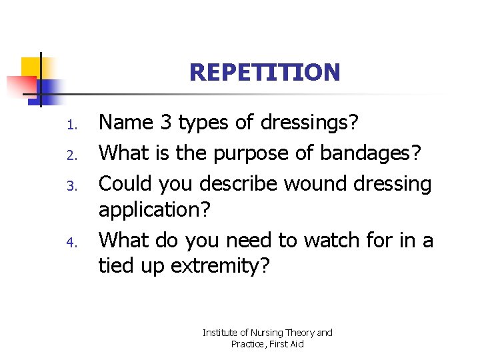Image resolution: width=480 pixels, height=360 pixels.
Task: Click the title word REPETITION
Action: tap(265, 72)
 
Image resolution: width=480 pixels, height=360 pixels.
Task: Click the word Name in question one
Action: tap(125, 123)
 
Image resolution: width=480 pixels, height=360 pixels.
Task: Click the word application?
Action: tap(155, 211)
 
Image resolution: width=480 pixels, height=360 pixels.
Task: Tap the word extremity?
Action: tap(221, 267)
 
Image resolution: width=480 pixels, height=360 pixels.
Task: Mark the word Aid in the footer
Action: tap(295, 344)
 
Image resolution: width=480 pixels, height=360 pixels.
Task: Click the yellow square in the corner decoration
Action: tap(29, 67)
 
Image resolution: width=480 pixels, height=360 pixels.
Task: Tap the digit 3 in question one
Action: tap(167, 123)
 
